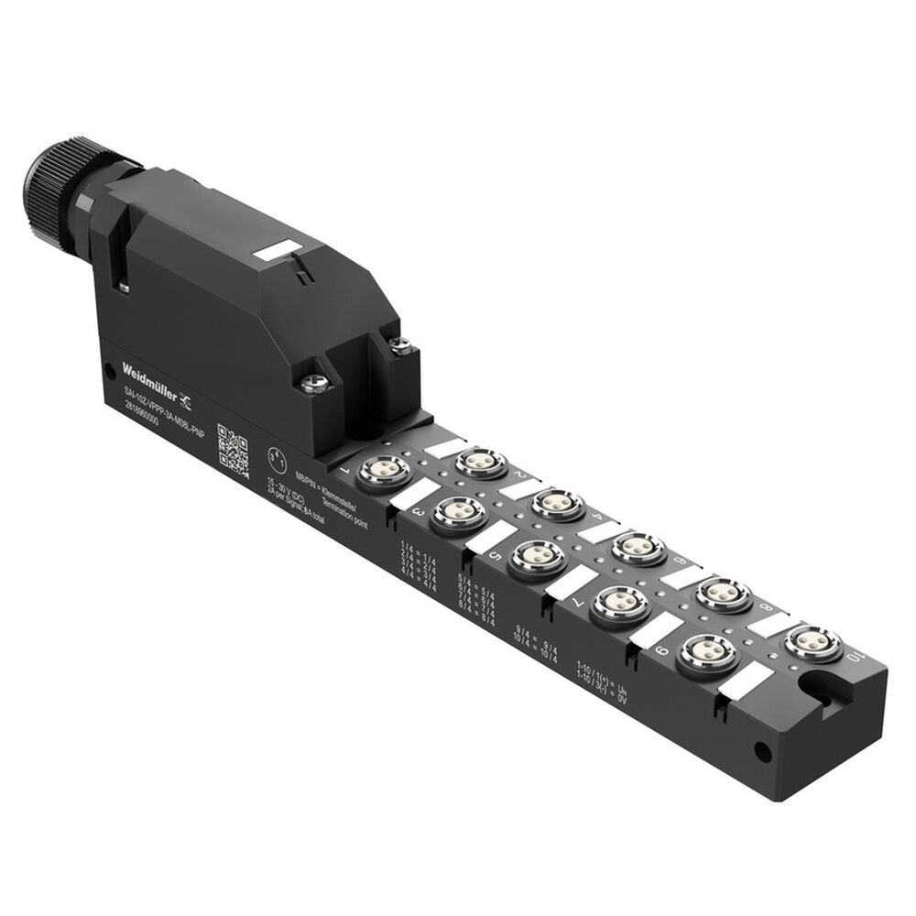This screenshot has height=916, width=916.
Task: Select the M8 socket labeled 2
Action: [482, 463]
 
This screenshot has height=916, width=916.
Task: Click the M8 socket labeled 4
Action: [559, 503]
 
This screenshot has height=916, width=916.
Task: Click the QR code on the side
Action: [233, 448]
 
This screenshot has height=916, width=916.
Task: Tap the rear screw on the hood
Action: [399, 343]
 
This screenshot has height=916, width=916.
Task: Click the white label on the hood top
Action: [276, 251]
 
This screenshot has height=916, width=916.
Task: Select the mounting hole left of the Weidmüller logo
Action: [111, 371]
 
